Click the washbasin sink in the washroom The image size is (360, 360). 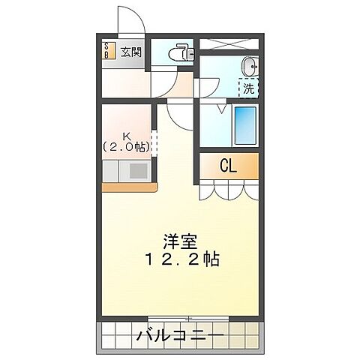tap(250, 68)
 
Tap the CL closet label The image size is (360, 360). tap(228, 166)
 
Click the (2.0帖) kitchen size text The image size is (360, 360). tap(126, 147)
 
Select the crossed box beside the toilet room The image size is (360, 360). tap(228, 44)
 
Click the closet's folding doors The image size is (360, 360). tap(229, 190)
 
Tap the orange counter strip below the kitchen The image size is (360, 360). tap(128, 186)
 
